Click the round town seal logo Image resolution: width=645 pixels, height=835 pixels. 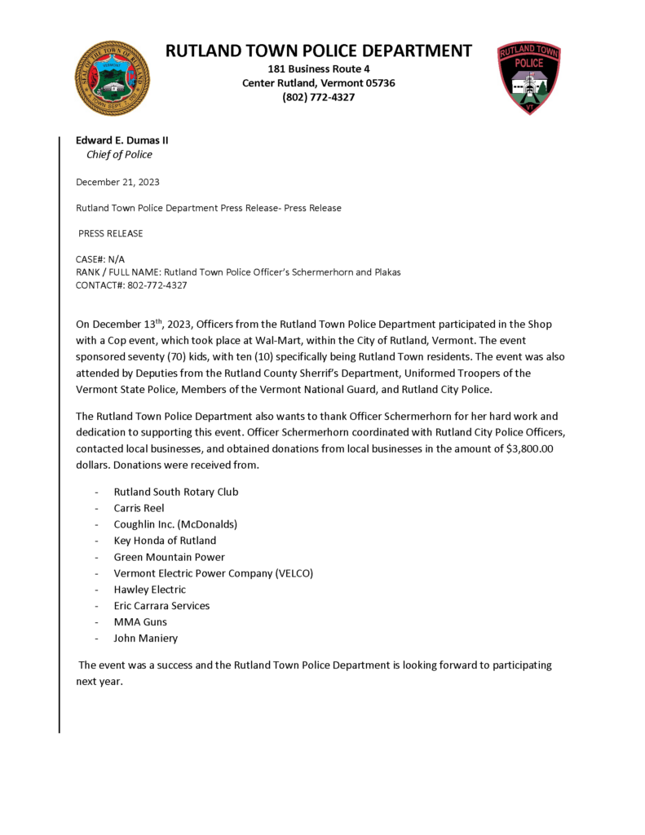point(113,78)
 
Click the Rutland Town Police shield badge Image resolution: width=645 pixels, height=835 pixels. point(529,77)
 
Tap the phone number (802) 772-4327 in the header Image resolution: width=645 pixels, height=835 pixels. point(318,97)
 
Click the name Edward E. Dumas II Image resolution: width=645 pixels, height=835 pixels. point(122,140)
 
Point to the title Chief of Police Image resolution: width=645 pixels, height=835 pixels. point(119,154)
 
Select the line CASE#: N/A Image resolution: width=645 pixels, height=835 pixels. point(100,258)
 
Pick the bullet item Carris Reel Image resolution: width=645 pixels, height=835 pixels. point(139,508)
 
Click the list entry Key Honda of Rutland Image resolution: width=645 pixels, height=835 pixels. point(165,541)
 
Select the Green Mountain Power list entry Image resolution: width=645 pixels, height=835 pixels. point(169,557)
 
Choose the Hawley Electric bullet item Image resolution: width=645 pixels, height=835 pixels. point(149,590)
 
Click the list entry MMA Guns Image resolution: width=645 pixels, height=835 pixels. point(140,622)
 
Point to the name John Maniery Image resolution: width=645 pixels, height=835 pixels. point(145,638)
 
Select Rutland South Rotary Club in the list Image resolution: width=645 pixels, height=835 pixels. point(176,492)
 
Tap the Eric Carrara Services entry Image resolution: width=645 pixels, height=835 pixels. point(161,606)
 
